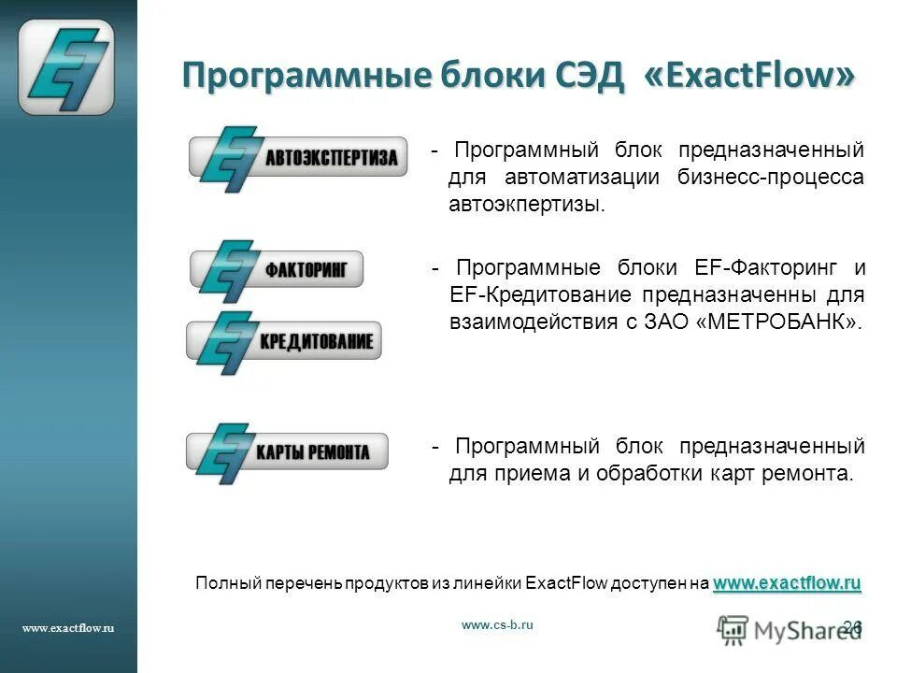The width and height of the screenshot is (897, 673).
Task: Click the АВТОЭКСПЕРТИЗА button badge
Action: click(299, 157)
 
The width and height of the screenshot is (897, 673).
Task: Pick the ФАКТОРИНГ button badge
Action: click(277, 269)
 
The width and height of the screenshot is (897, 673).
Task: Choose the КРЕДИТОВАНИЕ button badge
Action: click(284, 341)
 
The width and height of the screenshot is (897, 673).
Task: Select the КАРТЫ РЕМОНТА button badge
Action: click(287, 452)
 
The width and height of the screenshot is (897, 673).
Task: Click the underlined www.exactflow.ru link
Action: click(787, 583)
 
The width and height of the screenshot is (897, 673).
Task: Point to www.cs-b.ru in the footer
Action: click(497, 625)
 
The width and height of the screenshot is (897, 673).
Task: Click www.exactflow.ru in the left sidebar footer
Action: click(67, 628)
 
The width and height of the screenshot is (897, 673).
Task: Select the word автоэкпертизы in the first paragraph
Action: click(527, 204)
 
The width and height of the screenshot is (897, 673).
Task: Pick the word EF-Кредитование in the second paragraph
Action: click(527, 294)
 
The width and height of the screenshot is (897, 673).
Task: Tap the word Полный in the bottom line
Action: click(219, 583)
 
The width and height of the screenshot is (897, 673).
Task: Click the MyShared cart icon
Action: click(733, 630)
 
